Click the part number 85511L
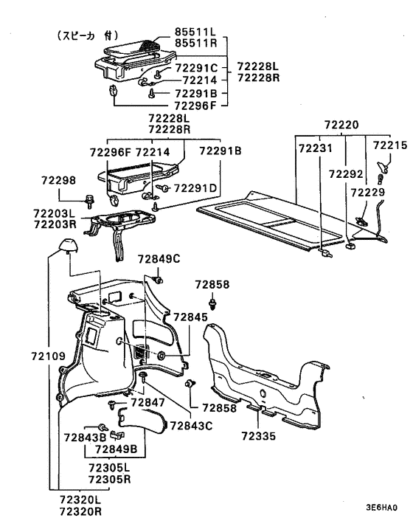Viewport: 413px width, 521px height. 195,32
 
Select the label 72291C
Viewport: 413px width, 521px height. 196,68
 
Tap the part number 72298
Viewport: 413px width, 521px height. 58,180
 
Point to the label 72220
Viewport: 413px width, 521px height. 341,125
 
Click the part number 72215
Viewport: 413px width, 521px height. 389,145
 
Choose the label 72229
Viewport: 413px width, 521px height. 368,193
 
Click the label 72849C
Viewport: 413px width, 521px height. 159,259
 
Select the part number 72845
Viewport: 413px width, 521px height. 190,317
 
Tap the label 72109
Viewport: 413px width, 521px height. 49,356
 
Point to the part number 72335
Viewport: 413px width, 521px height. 259,436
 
